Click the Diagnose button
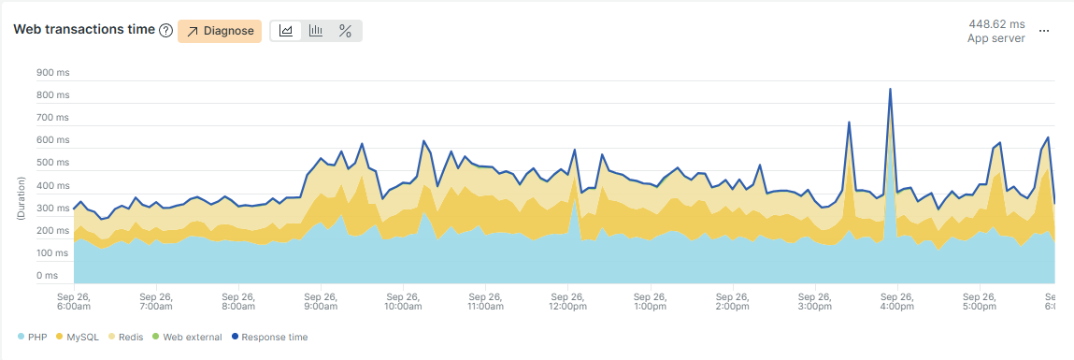220,31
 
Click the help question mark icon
165,31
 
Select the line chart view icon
286,31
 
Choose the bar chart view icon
316,31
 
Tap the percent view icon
345,31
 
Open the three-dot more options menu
1045,31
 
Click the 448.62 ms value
996,23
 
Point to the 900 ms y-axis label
52,73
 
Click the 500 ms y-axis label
52,163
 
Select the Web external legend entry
187,337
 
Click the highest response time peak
890,89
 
